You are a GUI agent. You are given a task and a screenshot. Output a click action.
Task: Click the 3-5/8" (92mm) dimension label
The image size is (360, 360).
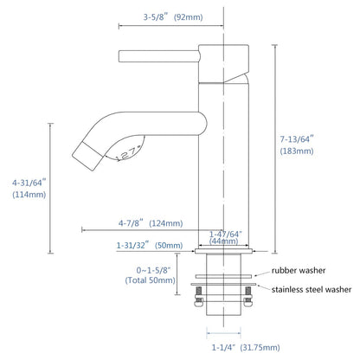coord(173,17)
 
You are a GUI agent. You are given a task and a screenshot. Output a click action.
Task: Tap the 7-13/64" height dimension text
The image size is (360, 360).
coord(297,139)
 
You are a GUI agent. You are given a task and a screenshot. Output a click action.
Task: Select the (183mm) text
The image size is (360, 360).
coord(297,151)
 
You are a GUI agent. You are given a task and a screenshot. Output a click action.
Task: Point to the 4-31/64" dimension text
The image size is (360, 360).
coord(29,183)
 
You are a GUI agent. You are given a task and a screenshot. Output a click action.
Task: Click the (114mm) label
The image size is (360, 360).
coord(29,195)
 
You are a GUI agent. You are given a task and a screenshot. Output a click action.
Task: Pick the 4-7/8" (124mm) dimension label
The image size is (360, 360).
coord(151,223)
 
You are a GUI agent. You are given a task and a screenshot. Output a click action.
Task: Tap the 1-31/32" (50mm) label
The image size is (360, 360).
coord(150,246)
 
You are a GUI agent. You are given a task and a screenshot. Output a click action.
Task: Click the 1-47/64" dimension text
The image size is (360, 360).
coord(226,234)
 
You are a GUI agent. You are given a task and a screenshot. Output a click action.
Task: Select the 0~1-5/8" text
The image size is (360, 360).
coord(153,270)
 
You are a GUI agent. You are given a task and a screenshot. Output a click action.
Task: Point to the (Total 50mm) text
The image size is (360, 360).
coord(151,280)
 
